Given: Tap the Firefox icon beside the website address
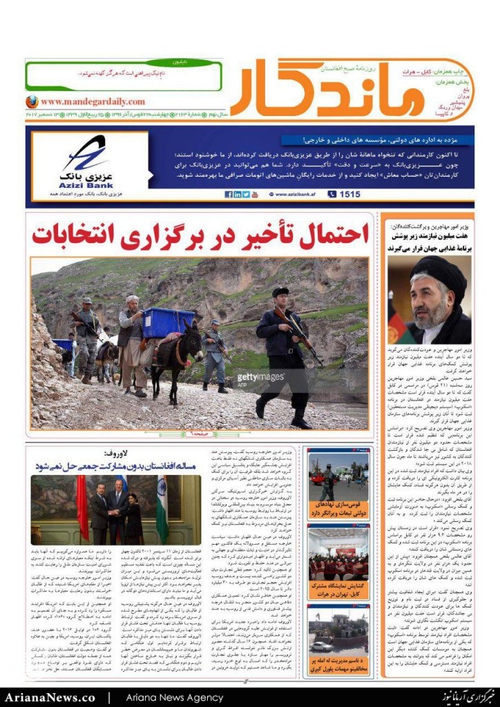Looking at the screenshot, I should (x=32, y=101).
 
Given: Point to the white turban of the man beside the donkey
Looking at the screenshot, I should (x=133, y=300).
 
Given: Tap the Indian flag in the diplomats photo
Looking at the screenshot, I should (x=162, y=508).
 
